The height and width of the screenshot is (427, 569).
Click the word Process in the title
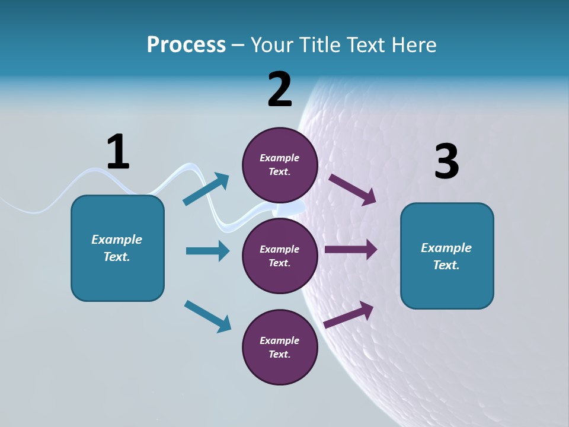coord(186,44)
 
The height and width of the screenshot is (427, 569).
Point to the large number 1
coord(118,152)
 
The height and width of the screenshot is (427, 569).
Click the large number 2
coord(280,90)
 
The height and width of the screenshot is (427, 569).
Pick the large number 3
coord(446,161)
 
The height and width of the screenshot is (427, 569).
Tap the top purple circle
coord(280,164)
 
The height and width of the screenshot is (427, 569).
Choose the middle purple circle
coord(280,256)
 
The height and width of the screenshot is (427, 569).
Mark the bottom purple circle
coord(280,347)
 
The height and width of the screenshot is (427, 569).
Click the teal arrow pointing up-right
coord(206,189)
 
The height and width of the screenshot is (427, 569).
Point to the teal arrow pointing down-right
coord(207,316)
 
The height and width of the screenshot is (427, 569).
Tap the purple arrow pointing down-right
coord(353,189)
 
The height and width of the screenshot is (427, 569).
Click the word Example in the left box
coord(117,240)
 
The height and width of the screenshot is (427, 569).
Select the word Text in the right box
coord(446,265)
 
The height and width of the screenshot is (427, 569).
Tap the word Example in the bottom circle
coord(279,340)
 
